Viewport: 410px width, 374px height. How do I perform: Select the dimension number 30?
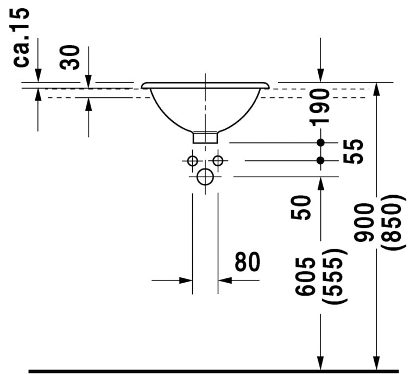(x=71, y=57)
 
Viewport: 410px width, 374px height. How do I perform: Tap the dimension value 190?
(x=321, y=107)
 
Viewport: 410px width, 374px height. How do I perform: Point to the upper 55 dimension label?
(x=354, y=144)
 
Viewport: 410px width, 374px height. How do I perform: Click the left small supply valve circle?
(x=192, y=161)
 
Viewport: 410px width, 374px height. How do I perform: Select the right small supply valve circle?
(x=218, y=161)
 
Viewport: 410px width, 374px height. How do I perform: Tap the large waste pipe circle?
(x=205, y=177)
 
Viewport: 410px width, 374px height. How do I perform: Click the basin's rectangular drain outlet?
(x=205, y=136)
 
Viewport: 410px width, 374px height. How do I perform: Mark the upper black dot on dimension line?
(x=321, y=142)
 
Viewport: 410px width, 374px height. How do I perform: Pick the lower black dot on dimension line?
(x=321, y=160)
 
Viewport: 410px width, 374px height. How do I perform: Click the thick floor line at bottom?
(x=212, y=371)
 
